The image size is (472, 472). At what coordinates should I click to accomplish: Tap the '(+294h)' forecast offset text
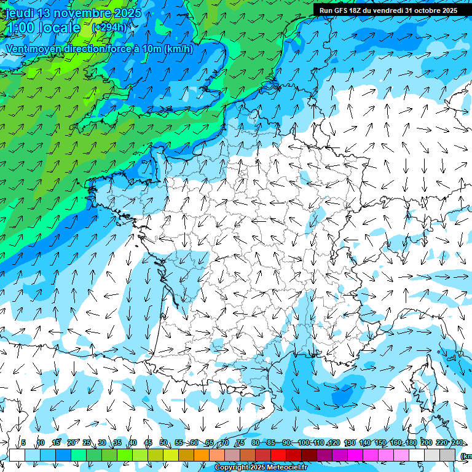click(x=109, y=27)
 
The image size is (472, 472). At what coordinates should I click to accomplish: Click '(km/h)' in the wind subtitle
click(x=179, y=49)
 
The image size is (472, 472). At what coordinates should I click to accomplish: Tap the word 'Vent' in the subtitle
click(x=18, y=49)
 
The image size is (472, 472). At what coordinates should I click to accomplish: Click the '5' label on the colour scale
click(x=23, y=443)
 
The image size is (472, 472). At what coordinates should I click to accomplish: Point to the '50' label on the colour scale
click(x=163, y=443)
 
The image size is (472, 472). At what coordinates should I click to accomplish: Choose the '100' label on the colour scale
click(x=304, y=443)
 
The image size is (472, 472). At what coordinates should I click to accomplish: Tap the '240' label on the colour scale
click(x=457, y=443)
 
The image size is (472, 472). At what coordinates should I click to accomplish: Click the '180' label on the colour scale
click(x=411, y=443)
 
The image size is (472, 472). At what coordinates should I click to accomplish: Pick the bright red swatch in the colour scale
click(x=278, y=455)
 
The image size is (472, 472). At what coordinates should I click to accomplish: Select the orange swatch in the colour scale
click(x=202, y=455)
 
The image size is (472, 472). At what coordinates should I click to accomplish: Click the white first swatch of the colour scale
click(x=17, y=455)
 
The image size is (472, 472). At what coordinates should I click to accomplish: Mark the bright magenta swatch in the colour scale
click(x=355, y=455)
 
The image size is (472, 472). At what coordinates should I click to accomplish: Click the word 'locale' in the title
click(x=60, y=28)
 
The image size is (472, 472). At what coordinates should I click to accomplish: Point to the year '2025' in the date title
click(x=127, y=13)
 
